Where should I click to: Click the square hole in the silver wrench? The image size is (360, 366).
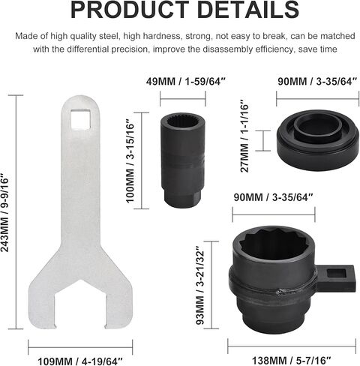coord(80,119)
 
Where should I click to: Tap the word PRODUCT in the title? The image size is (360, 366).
coord(130,9)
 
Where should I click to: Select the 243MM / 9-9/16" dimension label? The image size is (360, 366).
coord(4,213)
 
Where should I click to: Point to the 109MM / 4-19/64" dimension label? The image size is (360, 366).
coord(80,361)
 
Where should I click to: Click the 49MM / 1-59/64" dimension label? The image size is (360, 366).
coord(186,82)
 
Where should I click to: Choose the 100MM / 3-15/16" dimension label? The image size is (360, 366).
coord(130,162)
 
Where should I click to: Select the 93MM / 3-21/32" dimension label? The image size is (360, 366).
coord(200,285)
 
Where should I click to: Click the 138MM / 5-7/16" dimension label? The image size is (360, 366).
coord(291,361)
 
